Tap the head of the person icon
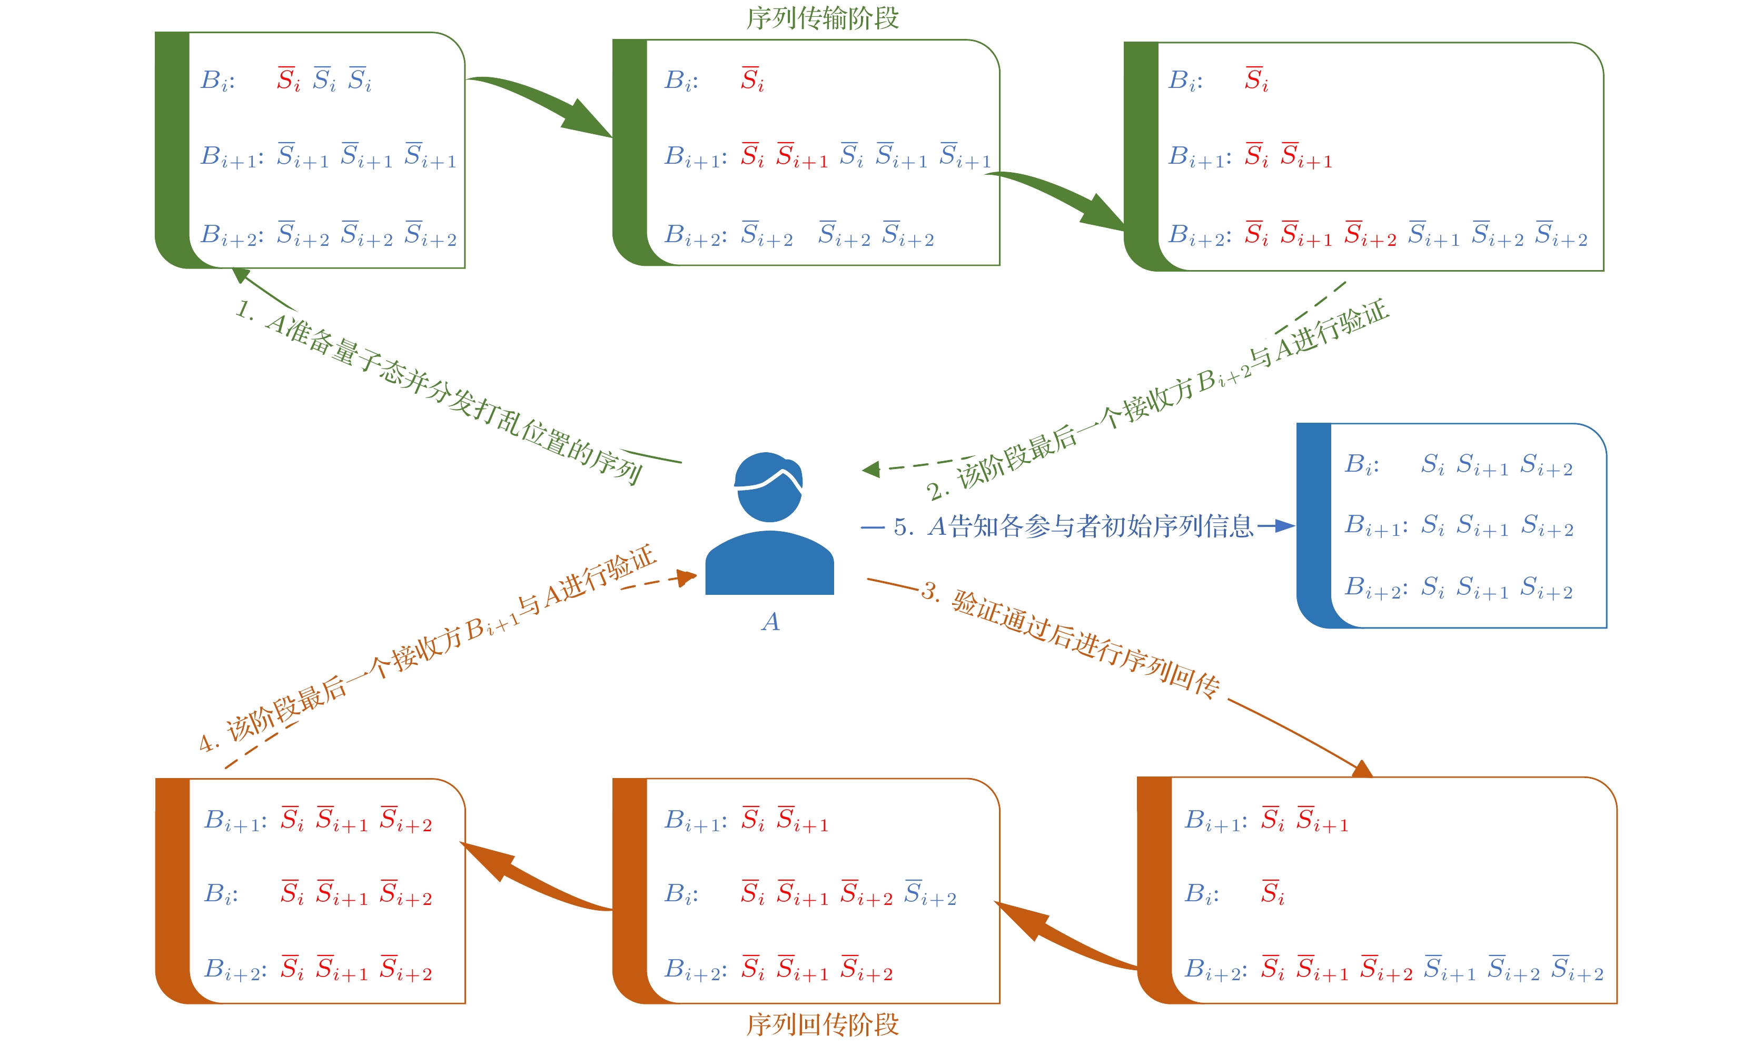(x=768, y=486)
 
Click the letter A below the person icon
(x=770, y=622)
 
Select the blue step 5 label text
(x=1072, y=526)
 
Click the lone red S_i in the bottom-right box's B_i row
(x=1273, y=893)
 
